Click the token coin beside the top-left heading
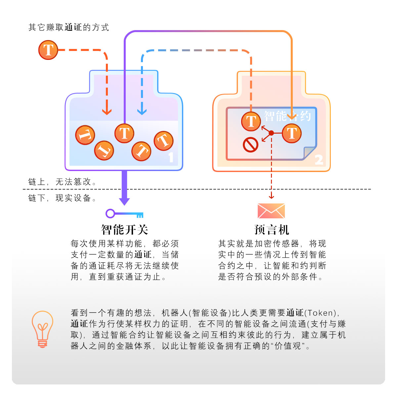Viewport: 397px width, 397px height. (x=48, y=50)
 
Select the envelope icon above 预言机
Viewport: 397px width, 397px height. (x=271, y=211)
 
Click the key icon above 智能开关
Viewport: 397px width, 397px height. (x=124, y=214)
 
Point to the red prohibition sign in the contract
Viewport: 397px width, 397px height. (x=250, y=145)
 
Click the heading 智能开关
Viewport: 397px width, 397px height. (x=124, y=230)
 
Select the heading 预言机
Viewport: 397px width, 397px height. (x=272, y=230)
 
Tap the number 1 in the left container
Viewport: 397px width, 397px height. (x=171, y=157)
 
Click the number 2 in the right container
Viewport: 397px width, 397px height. (x=319, y=160)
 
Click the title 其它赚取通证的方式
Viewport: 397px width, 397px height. (x=69, y=27)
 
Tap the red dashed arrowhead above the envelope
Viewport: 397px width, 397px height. (x=271, y=197)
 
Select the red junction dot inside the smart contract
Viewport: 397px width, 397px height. (x=271, y=133)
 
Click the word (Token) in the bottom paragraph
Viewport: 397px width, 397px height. (x=320, y=313)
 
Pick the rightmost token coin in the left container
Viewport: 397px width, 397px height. (x=163, y=141)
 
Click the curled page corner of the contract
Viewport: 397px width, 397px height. (x=310, y=153)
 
